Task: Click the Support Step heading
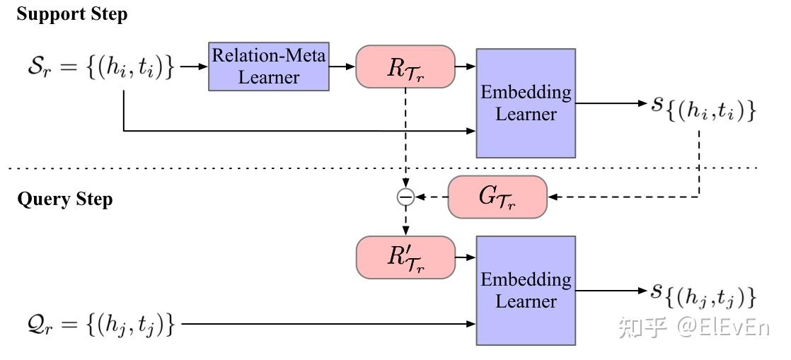(71, 15)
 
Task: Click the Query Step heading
(64, 199)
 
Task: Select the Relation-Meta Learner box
(269, 66)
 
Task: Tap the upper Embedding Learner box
(525, 103)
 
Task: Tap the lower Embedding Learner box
(525, 290)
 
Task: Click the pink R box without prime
(405, 66)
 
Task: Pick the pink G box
(497, 197)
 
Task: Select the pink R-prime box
(405, 257)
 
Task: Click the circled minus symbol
(405, 197)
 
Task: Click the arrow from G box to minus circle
(430, 197)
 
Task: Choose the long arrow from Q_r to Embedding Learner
(325, 325)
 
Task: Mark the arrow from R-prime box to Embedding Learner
(465, 257)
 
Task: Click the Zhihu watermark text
(693, 327)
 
